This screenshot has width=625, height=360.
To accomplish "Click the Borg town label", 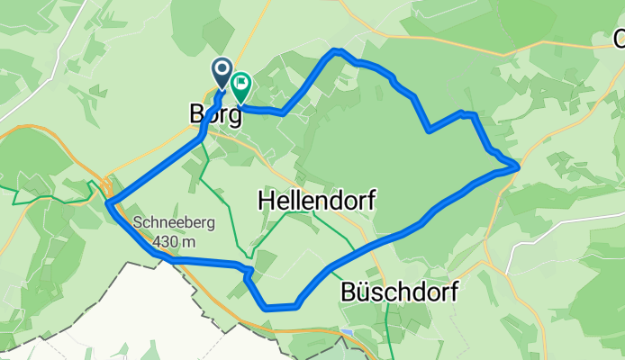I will tap(215, 115).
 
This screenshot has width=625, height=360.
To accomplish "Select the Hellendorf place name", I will tap(316, 200).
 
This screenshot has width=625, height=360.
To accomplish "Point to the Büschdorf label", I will tap(400, 292).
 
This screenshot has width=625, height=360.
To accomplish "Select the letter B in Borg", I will tap(198, 115).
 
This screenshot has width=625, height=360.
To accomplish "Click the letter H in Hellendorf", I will tap(267, 200).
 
